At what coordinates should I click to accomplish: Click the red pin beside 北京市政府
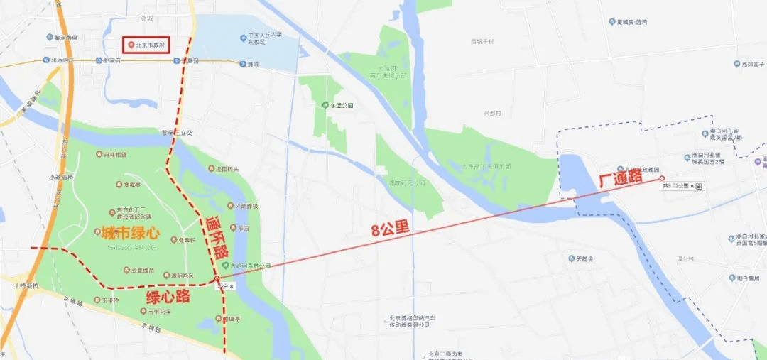coord(131,45)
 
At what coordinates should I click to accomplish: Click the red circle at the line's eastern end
coord(662,178)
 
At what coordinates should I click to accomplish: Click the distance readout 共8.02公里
coord(675,186)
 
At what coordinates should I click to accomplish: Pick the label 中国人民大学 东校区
coord(261,38)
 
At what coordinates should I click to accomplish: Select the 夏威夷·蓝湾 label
coord(633,22)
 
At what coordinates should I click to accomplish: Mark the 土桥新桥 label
coord(26,285)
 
